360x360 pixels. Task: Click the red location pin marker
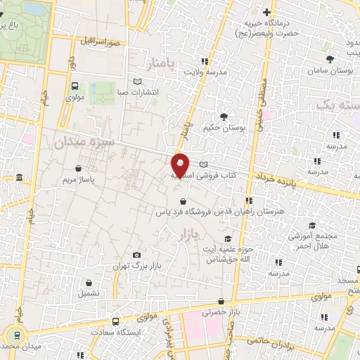click(180, 165)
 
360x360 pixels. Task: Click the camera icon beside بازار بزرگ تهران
click(136, 255)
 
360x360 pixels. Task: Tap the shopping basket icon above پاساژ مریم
click(78, 169)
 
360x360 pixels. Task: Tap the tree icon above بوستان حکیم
click(224, 116)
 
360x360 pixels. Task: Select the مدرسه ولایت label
click(205, 71)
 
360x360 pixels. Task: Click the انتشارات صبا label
click(138, 91)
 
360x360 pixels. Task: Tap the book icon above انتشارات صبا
click(137, 81)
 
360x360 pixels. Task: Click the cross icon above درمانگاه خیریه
click(266, 12)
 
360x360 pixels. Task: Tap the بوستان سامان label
click(330, 71)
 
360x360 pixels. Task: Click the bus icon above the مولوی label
click(75, 85)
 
